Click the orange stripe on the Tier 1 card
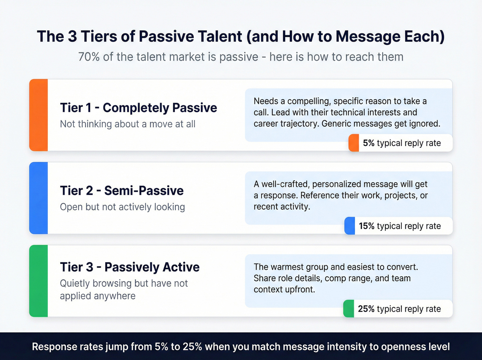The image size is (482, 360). tap(39, 115)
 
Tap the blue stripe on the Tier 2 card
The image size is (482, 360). tap(39, 198)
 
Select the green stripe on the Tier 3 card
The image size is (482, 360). tap(39, 281)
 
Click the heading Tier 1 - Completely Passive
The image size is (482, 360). tap(138, 108)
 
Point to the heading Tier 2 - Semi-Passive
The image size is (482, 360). tap(122, 191)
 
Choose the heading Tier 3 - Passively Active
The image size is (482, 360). tap(130, 267)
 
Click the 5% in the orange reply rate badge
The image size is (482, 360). tap(368, 143)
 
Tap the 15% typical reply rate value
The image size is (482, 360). tap(366, 226)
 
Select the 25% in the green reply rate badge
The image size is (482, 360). tap(366, 309)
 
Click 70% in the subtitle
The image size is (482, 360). tap(89, 57)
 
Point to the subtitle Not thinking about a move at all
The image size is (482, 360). tap(128, 124)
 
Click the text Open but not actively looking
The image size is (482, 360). tap(122, 207)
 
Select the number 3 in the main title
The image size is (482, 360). tap(72, 37)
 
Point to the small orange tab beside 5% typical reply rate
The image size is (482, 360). tap(354, 143)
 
